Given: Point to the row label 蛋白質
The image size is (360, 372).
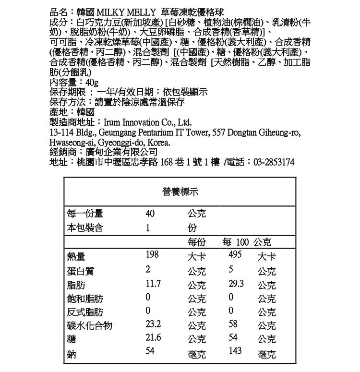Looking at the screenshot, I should click(81, 271).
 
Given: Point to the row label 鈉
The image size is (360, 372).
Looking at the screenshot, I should click(72, 354).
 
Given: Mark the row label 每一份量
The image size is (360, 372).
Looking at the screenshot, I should click(85, 214).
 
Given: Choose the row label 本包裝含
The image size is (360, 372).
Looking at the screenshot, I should click(85, 228).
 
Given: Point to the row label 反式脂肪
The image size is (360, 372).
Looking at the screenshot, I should click(85, 312).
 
